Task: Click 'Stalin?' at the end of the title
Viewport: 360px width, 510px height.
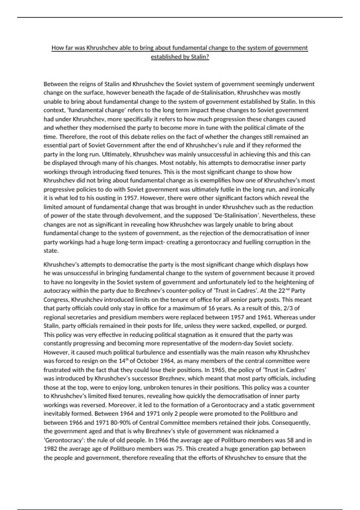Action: (x=200, y=57)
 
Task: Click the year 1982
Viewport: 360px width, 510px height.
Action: (x=50, y=449)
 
